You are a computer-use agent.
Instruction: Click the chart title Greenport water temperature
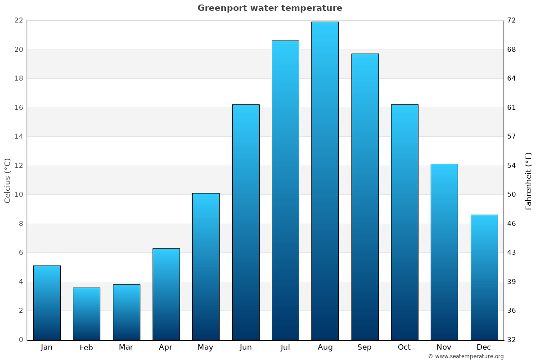[x=270, y=8]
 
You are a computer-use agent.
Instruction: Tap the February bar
[x=86, y=314]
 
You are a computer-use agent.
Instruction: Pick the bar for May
[x=206, y=266]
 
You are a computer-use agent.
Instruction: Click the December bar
[x=484, y=277]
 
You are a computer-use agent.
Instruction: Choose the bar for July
[x=285, y=190]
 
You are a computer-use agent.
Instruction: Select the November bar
[x=444, y=252]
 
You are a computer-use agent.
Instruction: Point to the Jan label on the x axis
[x=47, y=347]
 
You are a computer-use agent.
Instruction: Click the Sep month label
[x=364, y=347]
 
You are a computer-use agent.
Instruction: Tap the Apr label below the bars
[x=166, y=347]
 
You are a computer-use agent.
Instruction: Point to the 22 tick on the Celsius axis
[x=18, y=20]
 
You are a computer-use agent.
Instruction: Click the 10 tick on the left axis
[x=18, y=194]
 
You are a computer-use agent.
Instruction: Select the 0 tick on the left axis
[x=21, y=340]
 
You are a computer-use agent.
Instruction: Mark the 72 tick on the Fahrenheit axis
[x=512, y=20]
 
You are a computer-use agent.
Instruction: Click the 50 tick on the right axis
[x=512, y=194]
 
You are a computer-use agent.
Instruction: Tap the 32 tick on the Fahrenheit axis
[x=512, y=340]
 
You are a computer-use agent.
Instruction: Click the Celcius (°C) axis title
[x=7, y=180]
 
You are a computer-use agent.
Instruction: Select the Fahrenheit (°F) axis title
[x=529, y=180]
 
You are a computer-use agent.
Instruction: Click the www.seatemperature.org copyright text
[x=466, y=356]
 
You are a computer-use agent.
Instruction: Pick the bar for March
[x=126, y=312]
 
